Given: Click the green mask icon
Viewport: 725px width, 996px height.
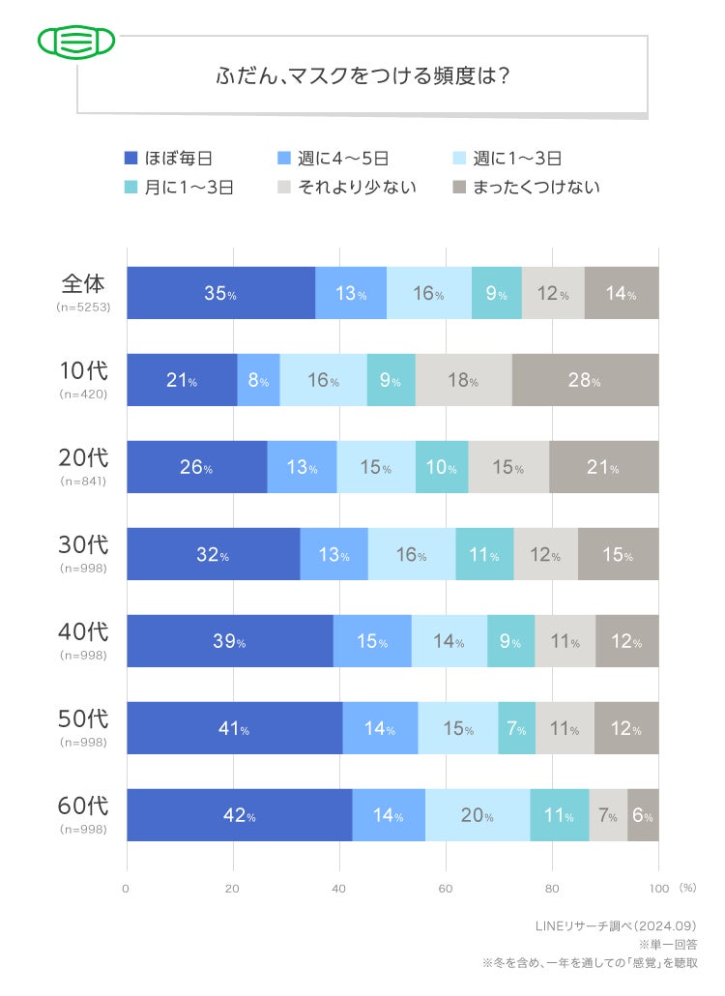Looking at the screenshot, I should click(x=76, y=42).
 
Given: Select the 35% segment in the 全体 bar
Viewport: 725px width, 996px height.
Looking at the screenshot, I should click(x=220, y=293).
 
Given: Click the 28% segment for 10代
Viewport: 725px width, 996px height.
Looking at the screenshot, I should click(x=585, y=380).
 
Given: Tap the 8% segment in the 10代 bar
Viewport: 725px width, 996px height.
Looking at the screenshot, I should click(x=258, y=380).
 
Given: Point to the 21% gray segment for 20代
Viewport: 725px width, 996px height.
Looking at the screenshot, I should click(x=603, y=467).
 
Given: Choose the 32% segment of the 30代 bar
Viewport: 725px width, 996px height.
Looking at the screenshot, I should click(x=213, y=554).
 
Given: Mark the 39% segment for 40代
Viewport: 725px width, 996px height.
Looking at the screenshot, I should click(x=229, y=641).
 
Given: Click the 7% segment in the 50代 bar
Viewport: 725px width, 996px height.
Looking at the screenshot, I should click(x=516, y=728).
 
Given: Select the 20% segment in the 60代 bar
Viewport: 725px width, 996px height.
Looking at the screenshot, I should click(x=478, y=815).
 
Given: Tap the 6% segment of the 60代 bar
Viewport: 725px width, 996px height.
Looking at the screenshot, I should click(x=643, y=815).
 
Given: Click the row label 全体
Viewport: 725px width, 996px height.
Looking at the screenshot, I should click(x=83, y=284).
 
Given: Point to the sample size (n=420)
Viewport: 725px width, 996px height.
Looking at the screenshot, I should click(x=83, y=395).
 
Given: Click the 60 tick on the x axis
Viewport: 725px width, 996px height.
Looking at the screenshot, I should click(x=446, y=888).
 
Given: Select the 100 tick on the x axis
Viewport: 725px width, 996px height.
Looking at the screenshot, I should click(x=658, y=888).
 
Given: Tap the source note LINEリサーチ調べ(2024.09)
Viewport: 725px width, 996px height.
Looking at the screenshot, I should click(x=616, y=925).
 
